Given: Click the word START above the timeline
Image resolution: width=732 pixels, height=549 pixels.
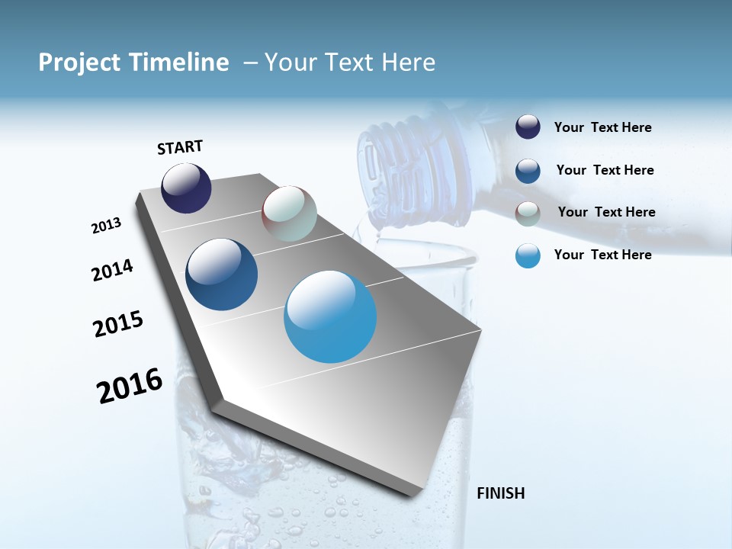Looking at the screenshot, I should [x=180, y=147].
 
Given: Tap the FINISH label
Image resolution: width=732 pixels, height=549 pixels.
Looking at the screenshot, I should [x=500, y=493].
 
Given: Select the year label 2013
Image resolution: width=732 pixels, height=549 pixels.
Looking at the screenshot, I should [x=106, y=226].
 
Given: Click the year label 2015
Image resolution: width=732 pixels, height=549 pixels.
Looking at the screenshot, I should [x=118, y=324].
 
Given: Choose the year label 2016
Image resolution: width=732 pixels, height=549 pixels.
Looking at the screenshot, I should [x=130, y=386].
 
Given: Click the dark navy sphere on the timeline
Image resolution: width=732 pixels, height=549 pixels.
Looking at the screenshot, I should [x=186, y=188].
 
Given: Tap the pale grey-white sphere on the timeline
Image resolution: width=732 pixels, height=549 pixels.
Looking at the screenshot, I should [x=289, y=213].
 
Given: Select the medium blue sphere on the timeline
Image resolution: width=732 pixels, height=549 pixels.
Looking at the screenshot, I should [x=222, y=274].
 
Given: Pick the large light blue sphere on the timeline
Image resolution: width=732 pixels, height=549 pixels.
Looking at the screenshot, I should [x=330, y=316].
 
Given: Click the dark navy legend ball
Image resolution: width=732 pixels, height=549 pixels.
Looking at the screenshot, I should [x=528, y=127].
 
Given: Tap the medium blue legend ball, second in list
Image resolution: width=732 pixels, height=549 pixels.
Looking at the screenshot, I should [x=528, y=171].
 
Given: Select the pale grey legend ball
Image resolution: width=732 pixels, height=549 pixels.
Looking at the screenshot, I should [x=528, y=213].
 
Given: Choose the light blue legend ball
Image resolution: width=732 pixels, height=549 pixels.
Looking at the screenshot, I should [x=528, y=256].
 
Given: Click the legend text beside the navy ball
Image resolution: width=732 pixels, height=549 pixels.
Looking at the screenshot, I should [x=602, y=127].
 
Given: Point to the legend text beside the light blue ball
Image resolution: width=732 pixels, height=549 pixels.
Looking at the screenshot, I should [x=602, y=255].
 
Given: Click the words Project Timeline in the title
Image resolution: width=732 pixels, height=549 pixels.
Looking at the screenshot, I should [x=133, y=63].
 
